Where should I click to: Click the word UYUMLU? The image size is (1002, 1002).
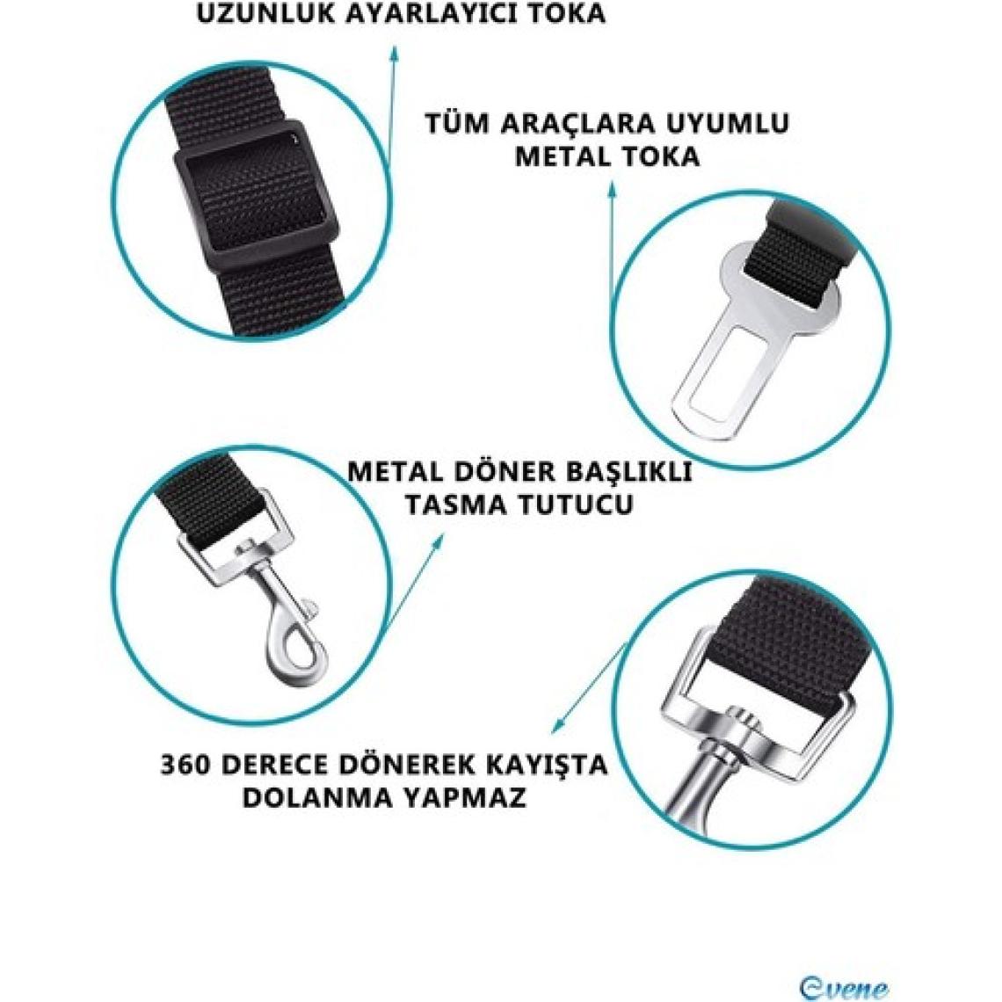pyautogui.click(x=724, y=123)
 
